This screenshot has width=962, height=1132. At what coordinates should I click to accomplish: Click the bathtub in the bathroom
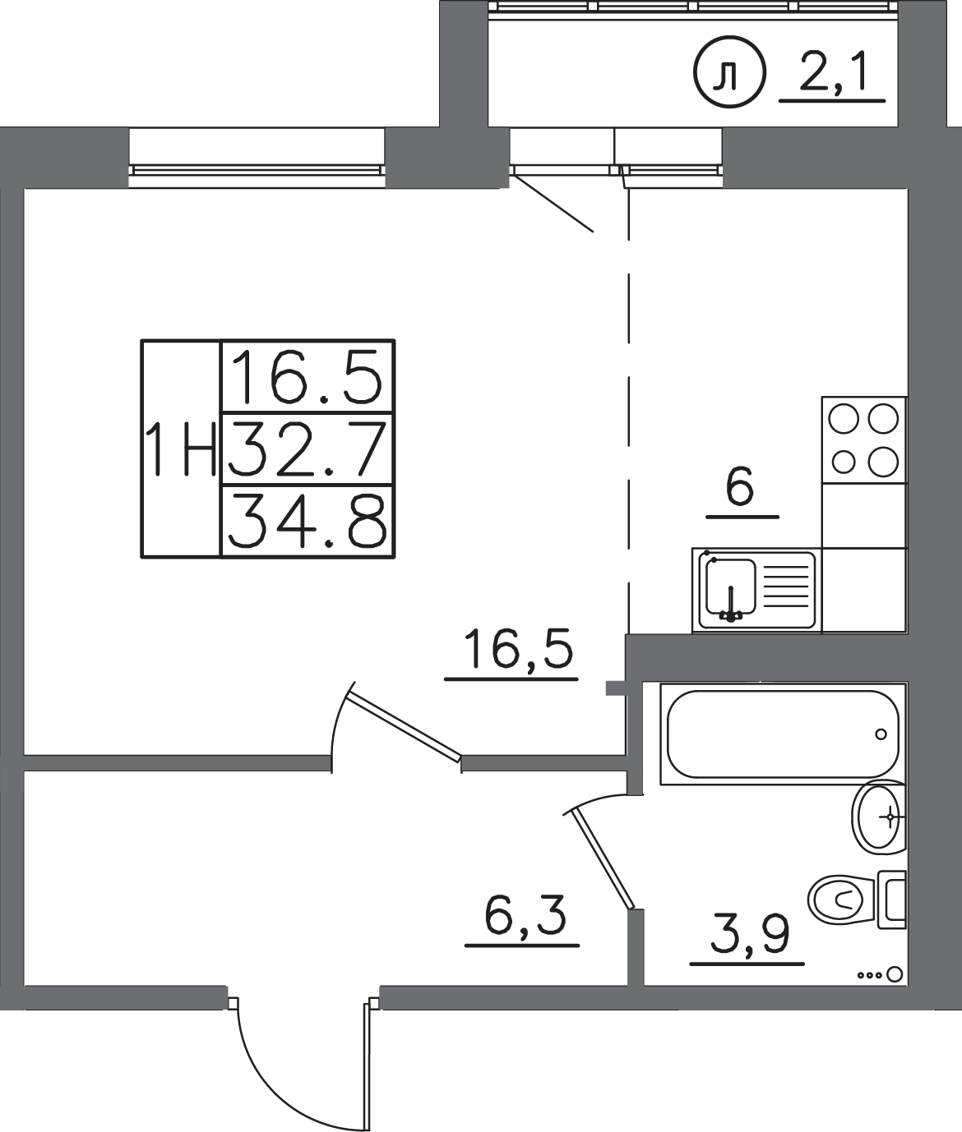coord(784,734)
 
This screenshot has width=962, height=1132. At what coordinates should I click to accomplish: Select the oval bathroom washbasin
coord(879,817)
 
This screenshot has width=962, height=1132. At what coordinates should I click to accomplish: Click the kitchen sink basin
coord(731,586)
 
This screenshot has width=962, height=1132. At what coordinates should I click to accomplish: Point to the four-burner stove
coord(864,439)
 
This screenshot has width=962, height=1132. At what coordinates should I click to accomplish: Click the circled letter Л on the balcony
coord(728,72)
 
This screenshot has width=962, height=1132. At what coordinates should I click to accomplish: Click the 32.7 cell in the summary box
coord(307,450)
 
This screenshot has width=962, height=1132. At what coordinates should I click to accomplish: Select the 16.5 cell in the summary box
coord(307,377)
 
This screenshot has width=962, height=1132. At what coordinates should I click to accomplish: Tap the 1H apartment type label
coord(182,450)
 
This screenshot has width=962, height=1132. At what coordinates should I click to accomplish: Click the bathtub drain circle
coord(881,734)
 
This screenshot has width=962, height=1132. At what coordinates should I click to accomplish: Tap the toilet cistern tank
coord(892,900)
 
